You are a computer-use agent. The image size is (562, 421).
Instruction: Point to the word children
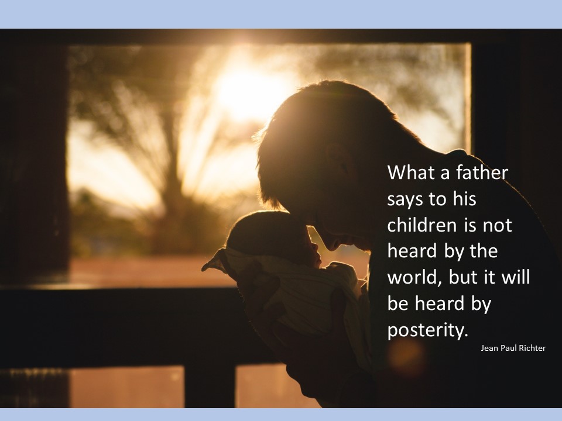coord(422,225)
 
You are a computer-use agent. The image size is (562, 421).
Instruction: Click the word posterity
coord(427,330)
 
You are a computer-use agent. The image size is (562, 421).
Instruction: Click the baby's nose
coord(315,247)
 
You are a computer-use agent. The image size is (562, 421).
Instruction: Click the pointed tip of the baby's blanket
coord(203,269)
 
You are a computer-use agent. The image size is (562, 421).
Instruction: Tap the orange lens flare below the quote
coord(406,357)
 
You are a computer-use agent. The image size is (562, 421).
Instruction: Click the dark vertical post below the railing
coord(210,387)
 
